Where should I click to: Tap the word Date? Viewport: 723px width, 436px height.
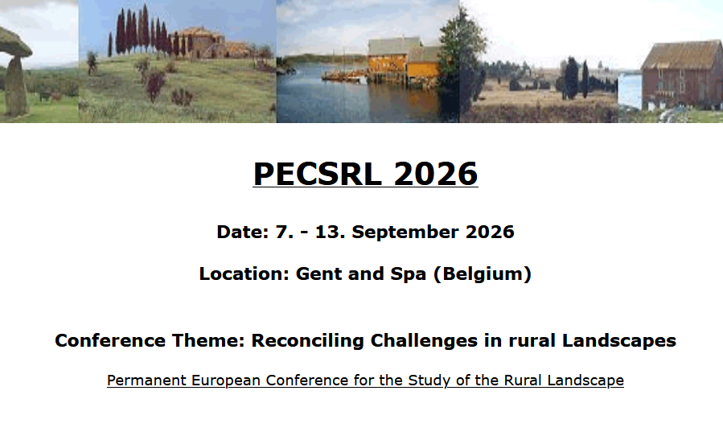(x=240, y=232)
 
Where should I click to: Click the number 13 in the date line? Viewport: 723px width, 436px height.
(x=331, y=232)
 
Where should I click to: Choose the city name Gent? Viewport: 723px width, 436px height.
(x=317, y=274)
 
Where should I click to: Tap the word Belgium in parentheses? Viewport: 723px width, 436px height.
(x=482, y=274)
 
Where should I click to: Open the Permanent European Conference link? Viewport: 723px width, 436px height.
(x=365, y=380)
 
